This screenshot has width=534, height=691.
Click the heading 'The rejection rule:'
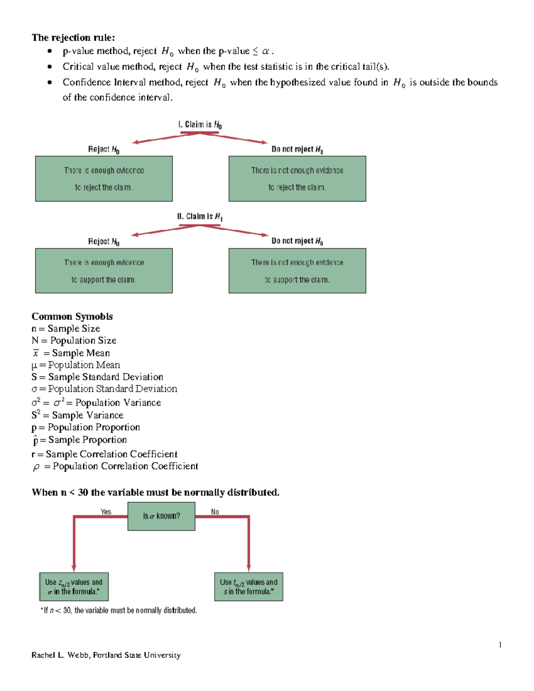(73, 37)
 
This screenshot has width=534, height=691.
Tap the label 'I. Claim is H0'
(200, 125)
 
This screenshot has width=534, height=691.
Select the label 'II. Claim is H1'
(200, 217)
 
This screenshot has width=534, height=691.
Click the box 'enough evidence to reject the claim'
(104, 179)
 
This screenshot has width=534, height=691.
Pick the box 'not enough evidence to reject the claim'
(297, 179)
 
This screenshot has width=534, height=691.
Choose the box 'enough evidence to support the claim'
(104, 271)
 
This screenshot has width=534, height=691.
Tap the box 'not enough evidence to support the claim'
(297, 271)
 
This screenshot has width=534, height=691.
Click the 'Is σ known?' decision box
(161, 516)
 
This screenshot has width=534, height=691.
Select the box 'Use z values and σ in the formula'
(74, 587)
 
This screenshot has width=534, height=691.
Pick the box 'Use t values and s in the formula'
(248, 587)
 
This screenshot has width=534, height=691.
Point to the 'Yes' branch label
(106, 512)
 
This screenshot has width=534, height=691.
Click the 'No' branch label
(215, 512)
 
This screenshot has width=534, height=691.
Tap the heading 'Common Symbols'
(72, 316)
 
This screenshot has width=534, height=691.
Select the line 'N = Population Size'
(74, 340)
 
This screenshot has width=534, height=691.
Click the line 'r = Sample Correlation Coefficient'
(104, 454)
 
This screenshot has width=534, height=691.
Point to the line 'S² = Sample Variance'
(77, 415)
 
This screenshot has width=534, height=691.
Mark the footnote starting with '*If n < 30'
(118, 610)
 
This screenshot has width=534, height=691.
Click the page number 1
(500, 645)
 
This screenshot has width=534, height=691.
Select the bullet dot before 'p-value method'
(50, 51)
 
